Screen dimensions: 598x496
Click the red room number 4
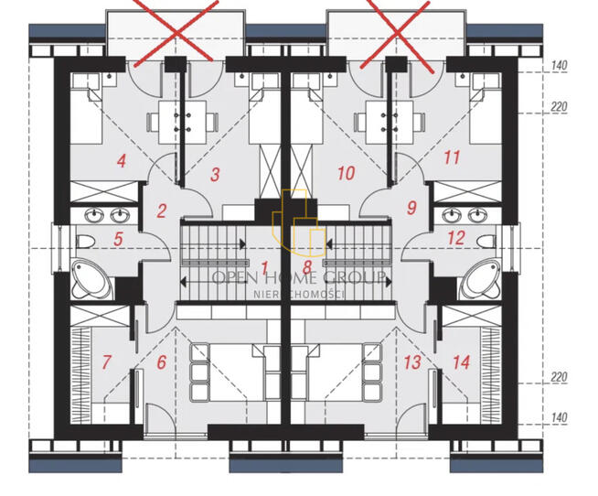(122, 161)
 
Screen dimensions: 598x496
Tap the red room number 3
(215, 175)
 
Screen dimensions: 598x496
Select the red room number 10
(346, 173)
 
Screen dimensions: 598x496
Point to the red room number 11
(452, 157)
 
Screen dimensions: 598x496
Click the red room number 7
(106, 361)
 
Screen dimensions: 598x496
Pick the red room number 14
(461, 362)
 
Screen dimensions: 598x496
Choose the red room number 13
(412, 362)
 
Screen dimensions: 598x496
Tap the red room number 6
(162, 362)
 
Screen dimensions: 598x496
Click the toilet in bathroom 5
(85, 243)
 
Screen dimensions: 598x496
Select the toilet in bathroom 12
(486, 242)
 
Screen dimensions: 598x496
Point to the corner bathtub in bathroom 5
(92, 279)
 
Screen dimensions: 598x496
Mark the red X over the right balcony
(397, 34)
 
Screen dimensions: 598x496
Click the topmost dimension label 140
(559, 65)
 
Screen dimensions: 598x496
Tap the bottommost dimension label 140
(559, 417)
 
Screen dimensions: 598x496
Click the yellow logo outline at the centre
(299, 222)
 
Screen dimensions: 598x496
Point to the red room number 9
(411, 208)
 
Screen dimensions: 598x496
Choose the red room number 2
(162, 210)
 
